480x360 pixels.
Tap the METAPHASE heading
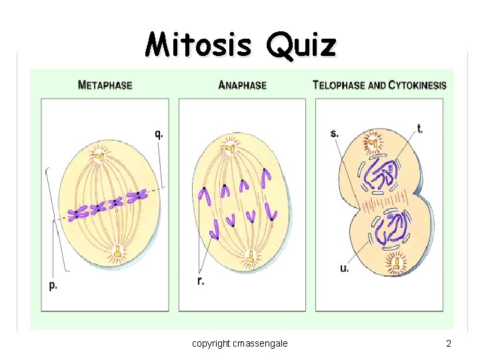(105, 85)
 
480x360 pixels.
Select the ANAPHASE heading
(243, 85)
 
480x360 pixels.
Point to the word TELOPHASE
(339, 85)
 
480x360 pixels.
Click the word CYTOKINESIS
(418, 85)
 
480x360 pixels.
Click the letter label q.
(159, 133)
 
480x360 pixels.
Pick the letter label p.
(53, 285)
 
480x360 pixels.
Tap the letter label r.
(201, 281)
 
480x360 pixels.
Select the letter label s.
(334, 133)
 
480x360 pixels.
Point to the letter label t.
(420, 129)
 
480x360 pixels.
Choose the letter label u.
(344, 269)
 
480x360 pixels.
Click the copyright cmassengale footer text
(240, 343)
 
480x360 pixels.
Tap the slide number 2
(449, 343)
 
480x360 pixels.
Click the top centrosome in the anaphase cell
(231, 145)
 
